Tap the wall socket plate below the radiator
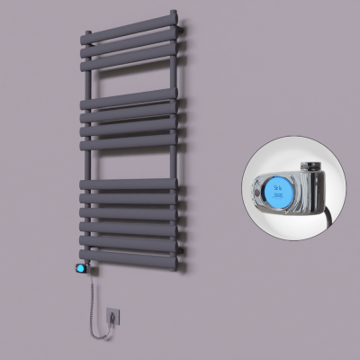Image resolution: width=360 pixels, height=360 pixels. coord(112,318)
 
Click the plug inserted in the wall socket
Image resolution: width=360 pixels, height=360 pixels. coord(112,316)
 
